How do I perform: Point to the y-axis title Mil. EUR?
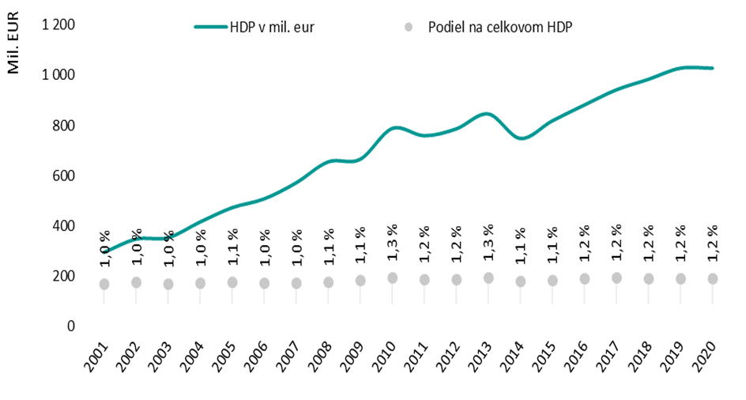coord(13,47)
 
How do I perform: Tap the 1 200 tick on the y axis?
coord(58,25)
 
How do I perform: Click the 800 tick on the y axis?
coord(64,125)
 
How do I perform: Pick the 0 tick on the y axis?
coord(70,326)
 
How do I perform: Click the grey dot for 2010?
coord(393,277)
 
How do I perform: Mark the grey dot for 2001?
coord(104,284)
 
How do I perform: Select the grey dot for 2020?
coord(713,278)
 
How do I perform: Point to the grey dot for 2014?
coord(521,281)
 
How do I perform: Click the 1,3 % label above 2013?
coord(488,244)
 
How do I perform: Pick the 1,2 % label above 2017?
coord(616,244)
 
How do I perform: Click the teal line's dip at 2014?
coord(522,138)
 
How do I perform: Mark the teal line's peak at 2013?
coord(488,114)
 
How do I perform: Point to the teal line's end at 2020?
coord(713,68)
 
